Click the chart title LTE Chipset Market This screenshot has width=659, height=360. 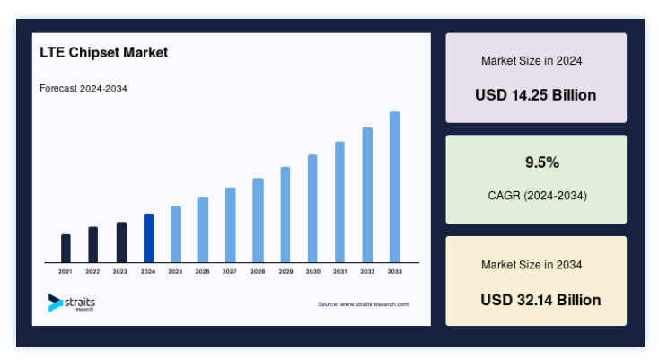pyautogui.click(x=104, y=52)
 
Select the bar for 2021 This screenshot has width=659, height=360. pyautogui.click(x=66, y=249)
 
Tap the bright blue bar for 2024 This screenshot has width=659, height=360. pyautogui.click(x=149, y=238)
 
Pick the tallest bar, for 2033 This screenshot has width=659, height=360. pyautogui.click(x=395, y=187)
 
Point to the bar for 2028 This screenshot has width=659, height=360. pyautogui.click(x=258, y=220)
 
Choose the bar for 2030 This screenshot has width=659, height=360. pyautogui.click(x=312, y=208)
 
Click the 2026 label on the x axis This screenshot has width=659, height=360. pyautogui.click(x=202, y=272)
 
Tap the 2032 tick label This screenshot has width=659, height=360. pyautogui.click(x=367, y=272)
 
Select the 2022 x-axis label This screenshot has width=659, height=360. pyautogui.click(x=92, y=272)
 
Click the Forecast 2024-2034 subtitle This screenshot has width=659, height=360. pyautogui.click(x=83, y=89)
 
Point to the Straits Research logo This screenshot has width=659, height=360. pyautogui.click(x=72, y=303)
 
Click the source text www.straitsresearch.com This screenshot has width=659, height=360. pyautogui.click(x=374, y=304)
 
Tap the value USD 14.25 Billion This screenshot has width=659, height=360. pyautogui.click(x=535, y=95)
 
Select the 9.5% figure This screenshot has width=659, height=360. pyautogui.click(x=542, y=162)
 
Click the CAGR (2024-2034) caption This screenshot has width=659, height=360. pyautogui.click(x=538, y=196)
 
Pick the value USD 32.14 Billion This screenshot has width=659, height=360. pyautogui.click(x=540, y=300)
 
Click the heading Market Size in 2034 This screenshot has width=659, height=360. pyautogui.click(x=532, y=265)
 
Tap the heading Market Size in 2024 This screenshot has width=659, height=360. pyautogui.click(x=532, y=61)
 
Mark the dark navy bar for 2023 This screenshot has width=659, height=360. pyautogui.click(x=121, y=242)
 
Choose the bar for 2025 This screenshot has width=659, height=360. pyautogui.click(x=176, y=234)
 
